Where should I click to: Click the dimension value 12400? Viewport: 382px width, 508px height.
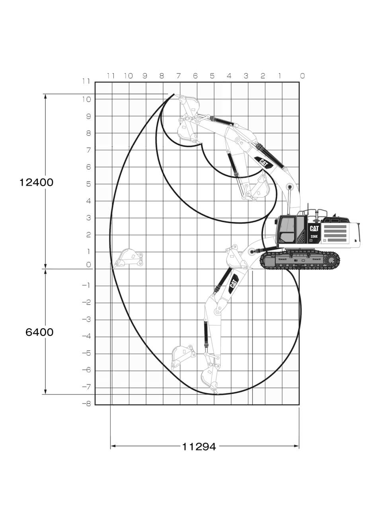[36, 182]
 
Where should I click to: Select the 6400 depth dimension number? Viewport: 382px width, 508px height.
[39, 332]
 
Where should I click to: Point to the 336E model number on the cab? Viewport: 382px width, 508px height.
[314, 237]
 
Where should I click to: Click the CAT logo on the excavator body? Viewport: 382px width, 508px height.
[314, 229]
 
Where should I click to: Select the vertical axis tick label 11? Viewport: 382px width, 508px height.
[86, 81]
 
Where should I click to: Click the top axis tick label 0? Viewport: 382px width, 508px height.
[302, 76]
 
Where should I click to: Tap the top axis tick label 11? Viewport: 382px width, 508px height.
[111, 76]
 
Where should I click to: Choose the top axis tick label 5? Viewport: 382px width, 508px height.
[212, 76]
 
